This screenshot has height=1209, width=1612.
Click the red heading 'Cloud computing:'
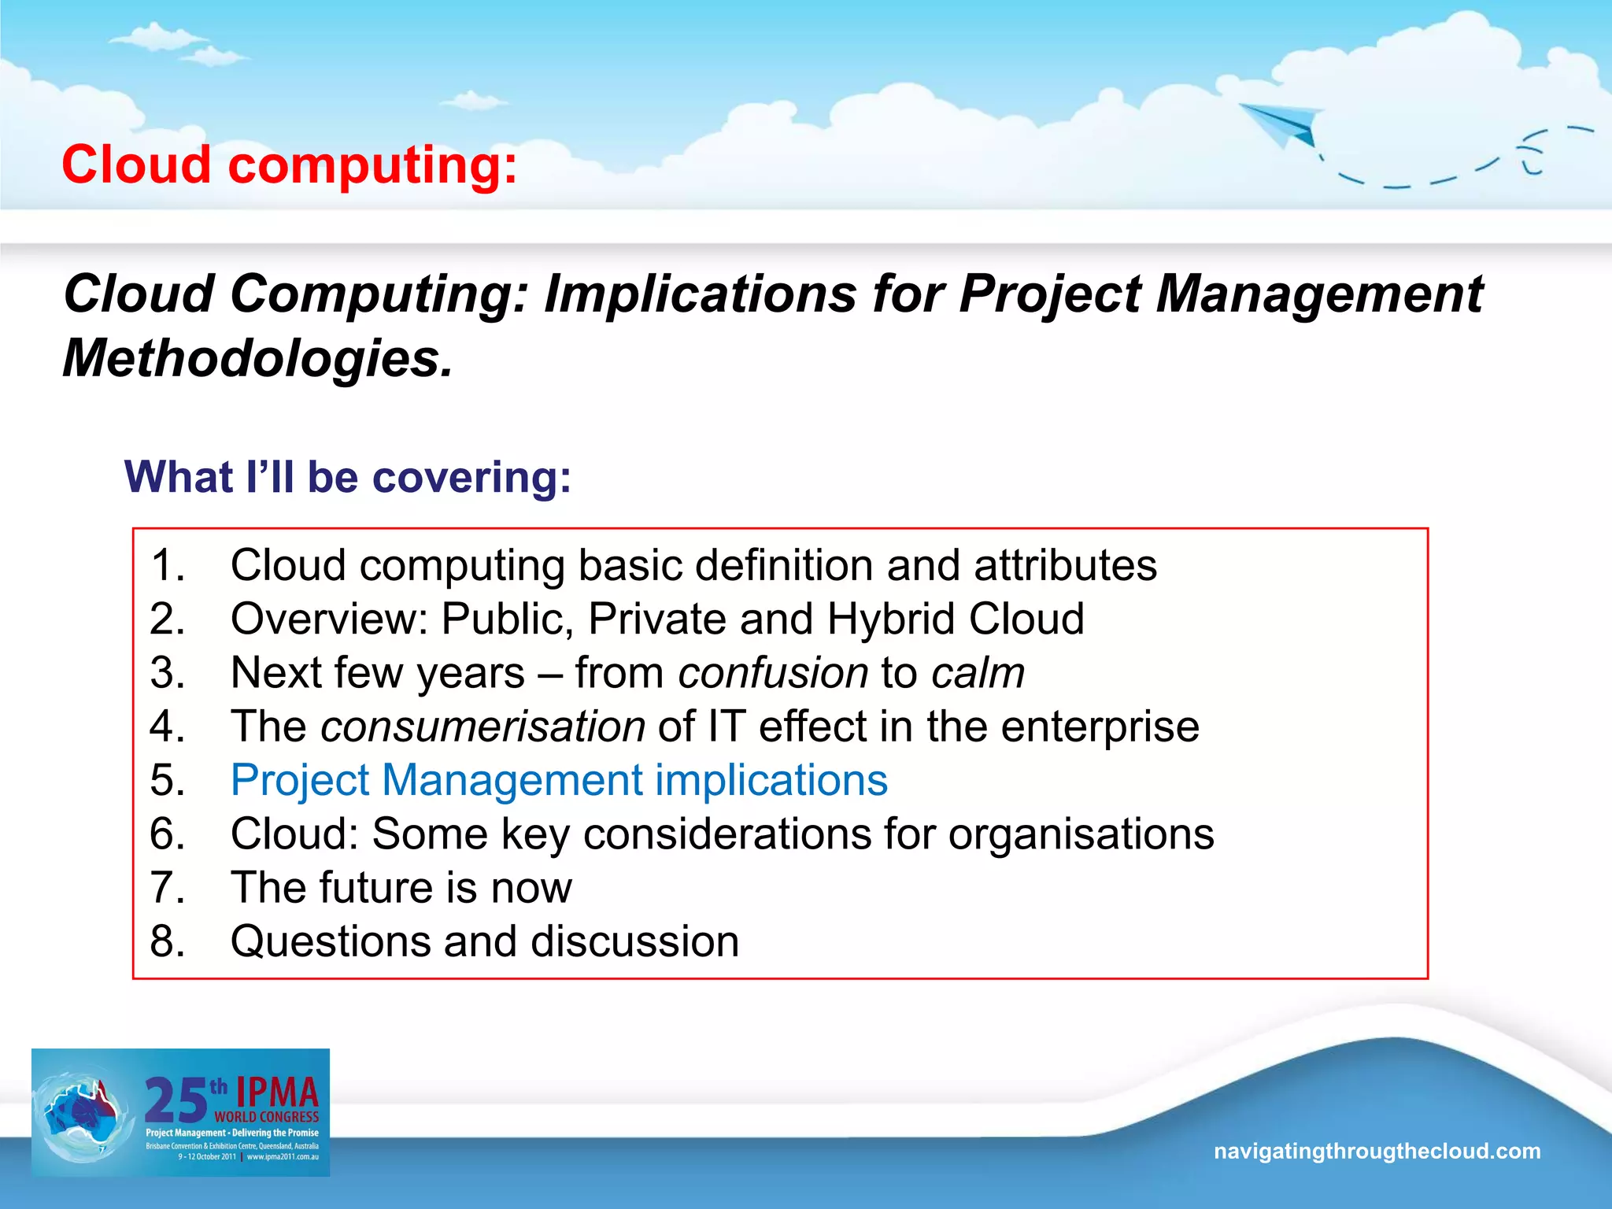[x=290, y=165]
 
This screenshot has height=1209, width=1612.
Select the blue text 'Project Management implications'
[x=559, y=781]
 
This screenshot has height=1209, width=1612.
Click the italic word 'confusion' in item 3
[x=773, y=674]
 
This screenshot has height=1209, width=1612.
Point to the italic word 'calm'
[x=978, y=674]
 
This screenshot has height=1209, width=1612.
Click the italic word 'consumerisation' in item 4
[x=482, y=727]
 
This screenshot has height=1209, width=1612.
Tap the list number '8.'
[x=168, y=942]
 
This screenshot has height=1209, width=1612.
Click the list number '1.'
[x=168, y=566]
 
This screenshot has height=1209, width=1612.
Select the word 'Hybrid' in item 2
[x=892, y=620]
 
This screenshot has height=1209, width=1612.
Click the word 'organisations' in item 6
[x=1081, y=834]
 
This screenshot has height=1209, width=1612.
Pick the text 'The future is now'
[x=401, y=889]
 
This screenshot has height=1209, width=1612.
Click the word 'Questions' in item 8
[x=331, y=942]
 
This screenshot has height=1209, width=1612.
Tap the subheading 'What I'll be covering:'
[x=348, y=478]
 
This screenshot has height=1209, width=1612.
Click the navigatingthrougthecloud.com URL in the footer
[x=1377, y=1152]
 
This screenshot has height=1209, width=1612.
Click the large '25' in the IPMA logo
[x=176, y=1100]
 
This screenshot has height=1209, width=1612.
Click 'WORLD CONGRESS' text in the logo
[x=266, y=1117]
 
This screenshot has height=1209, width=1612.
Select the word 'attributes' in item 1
[x=1065, y=566]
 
